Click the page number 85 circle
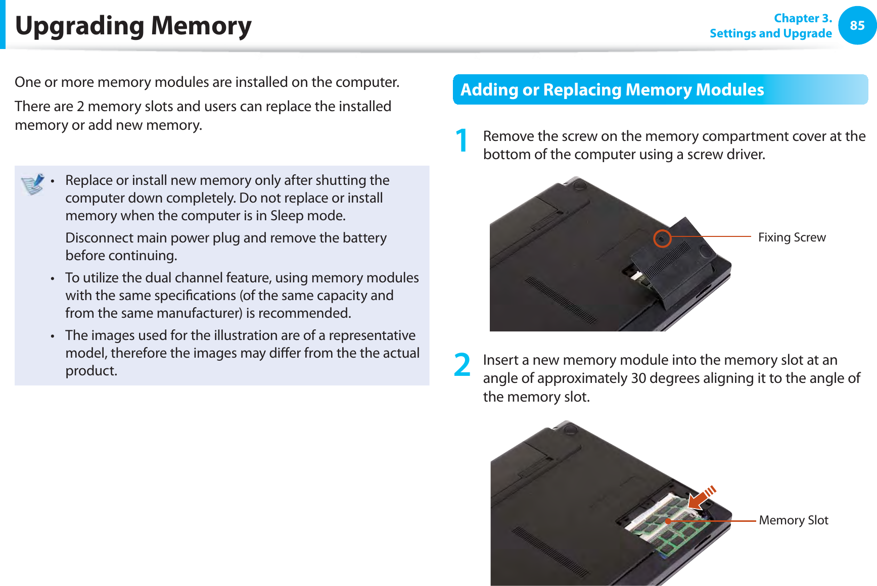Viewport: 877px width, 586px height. (x=857, y=25)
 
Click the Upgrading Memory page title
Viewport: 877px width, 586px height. (x=133, y=26)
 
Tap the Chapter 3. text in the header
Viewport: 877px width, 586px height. (x=803, y=18)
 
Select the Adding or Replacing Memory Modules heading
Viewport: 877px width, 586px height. (x=612, y=89)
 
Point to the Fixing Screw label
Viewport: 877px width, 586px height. (x=792, y=237)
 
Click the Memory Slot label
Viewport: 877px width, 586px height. (x=793, y=520)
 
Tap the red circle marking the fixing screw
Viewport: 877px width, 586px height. (x=662, y=238)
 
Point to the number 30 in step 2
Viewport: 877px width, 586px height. (x=638, y=378)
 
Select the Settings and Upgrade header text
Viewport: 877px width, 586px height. (x=770, y=33)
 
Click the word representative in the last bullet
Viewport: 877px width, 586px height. (x=372, y=335)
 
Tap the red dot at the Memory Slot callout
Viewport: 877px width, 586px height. (x=668, y=521)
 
